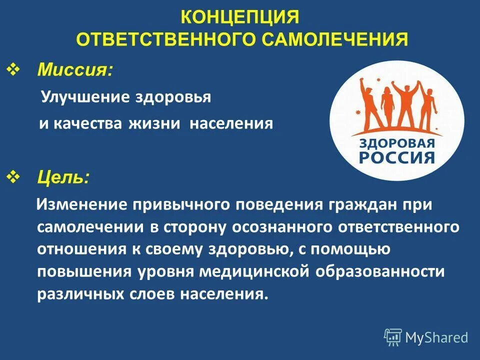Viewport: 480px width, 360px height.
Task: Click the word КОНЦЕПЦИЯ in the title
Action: point(239,18)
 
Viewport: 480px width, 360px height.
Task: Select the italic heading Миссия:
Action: point(75,70)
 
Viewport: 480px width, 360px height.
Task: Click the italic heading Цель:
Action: point(64,177)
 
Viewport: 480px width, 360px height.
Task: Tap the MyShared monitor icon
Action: point(393,337)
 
